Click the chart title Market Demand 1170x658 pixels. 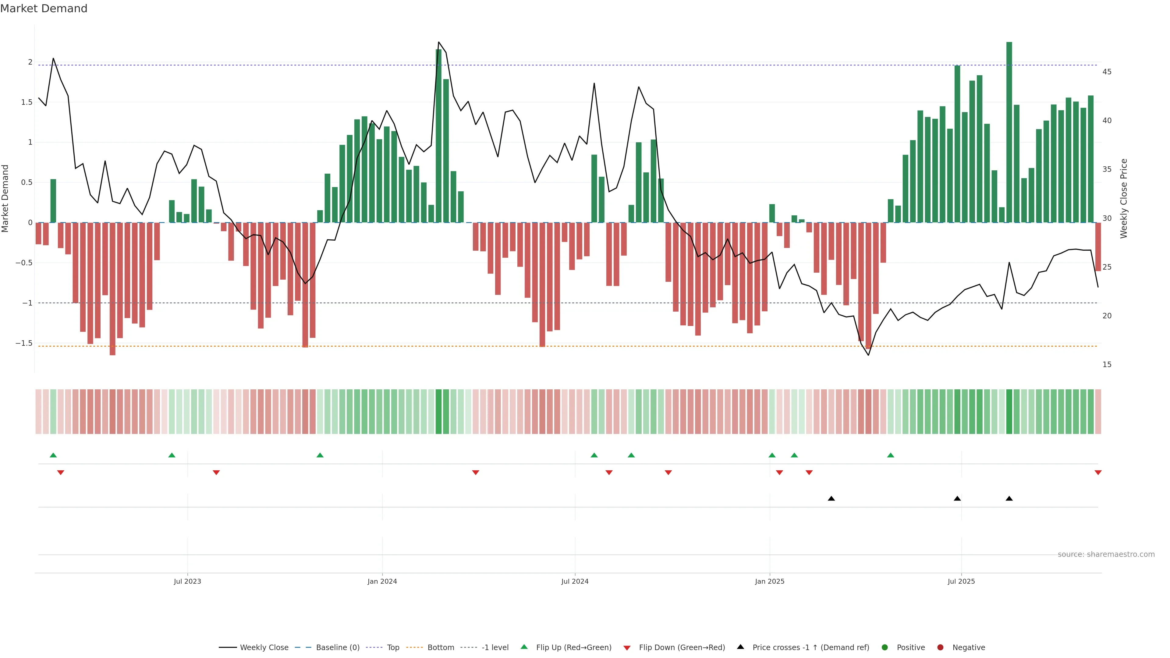click(44, 9)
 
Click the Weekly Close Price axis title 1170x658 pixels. click(1124, 198)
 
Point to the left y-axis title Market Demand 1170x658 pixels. click(5, 198)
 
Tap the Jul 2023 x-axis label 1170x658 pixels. click(187, 581)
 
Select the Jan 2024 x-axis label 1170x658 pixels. click(382, 581)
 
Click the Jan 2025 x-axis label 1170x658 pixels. click(769, 581)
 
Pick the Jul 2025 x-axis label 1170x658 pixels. click(961, 581)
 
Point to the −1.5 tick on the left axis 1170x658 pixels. click(24, 343)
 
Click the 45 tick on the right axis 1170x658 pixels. click(1107, 72)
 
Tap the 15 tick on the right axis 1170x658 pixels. click(1107, 365)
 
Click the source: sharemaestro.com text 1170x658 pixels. click(1106, 554)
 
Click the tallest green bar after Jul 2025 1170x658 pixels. click(1009, 132)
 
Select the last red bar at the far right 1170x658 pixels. click(1098, 246)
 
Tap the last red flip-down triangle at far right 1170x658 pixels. click(1098, 473)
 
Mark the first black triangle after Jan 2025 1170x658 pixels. click(831, 499)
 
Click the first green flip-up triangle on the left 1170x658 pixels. click(53, 455)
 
